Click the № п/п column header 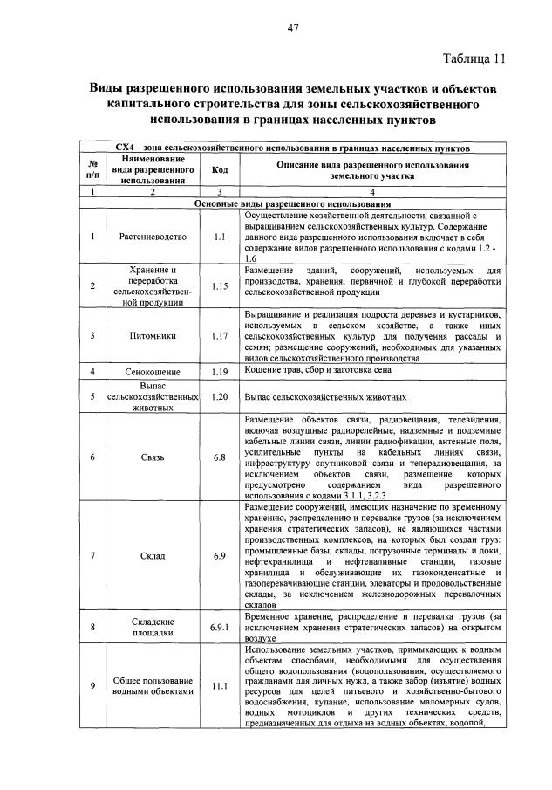pos(92,170)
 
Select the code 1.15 pos(220,285)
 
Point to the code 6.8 pos(220,457)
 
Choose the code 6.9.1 pos(220,627)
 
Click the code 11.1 pos(220,686)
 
